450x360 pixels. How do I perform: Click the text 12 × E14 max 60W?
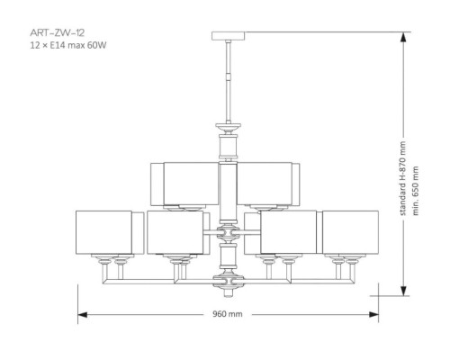[x=68, y=46]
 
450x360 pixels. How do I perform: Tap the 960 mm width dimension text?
[x=228, y=314]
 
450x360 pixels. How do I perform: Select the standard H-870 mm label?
[x=403, y=178]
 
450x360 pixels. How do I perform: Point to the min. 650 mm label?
[x=415, y=191]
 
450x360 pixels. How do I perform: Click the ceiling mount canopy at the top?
[x=229, y=36]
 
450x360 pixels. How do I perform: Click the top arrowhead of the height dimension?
[x=403, y=38]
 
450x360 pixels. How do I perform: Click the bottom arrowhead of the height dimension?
[x=403, y=290]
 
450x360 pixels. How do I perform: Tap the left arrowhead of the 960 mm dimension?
[x=83, y=315]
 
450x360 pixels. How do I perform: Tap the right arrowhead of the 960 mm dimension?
[x=373, y=315]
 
